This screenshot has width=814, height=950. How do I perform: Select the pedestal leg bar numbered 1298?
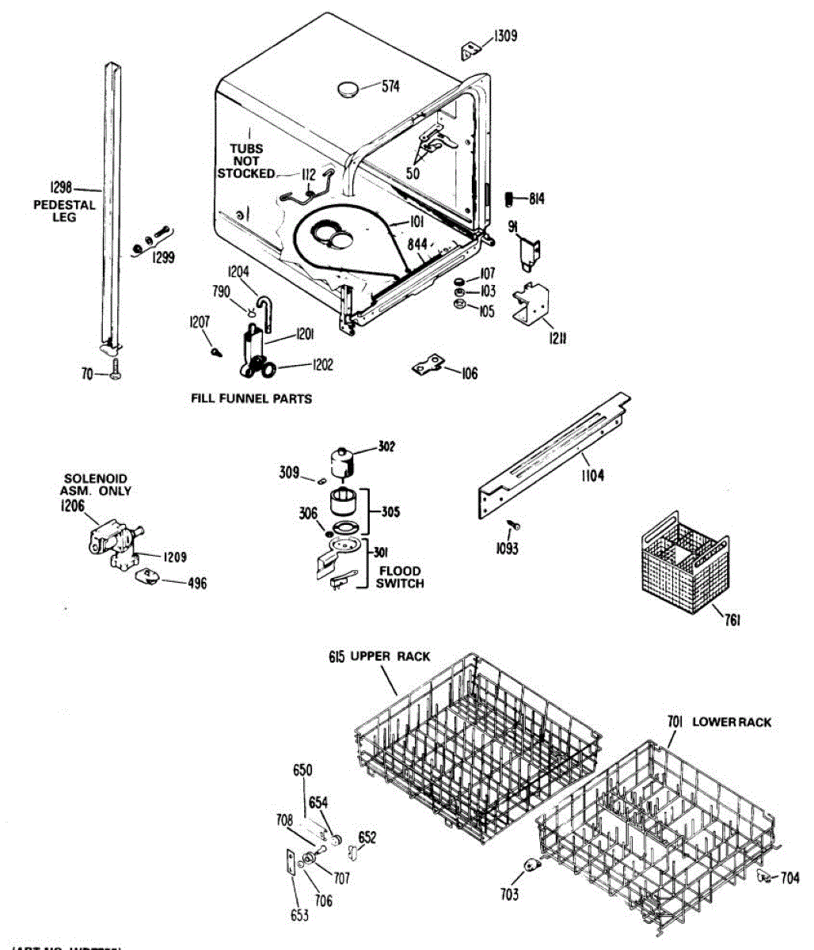111,206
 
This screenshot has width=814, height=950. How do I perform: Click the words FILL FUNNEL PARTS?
251,399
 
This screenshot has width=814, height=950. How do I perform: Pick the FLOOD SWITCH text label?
399,576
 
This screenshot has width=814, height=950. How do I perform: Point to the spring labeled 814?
512,198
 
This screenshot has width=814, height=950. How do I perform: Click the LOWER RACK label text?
731,722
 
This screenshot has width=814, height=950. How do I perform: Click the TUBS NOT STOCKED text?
246,161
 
